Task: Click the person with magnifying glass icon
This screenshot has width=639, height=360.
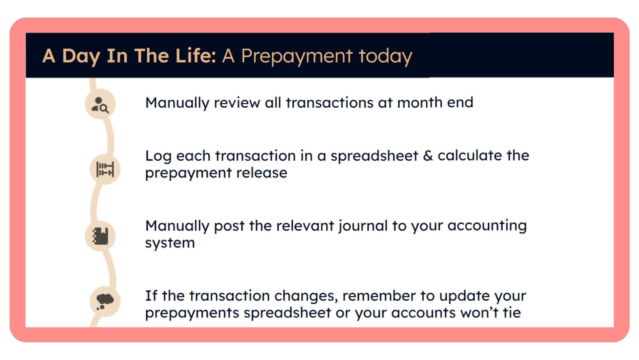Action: tap(100, 105)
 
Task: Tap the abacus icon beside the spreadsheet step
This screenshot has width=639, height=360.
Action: tap(105, 169)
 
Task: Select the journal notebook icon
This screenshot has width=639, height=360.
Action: tap(100, 236)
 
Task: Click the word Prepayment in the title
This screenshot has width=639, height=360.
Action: tap(297, 56)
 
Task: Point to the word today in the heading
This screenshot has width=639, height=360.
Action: tap(386, 56)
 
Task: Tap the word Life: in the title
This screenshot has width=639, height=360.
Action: tap(196, 55)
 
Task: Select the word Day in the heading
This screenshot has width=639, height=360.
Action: tap(81, 56)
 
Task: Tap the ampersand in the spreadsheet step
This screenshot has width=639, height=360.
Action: tap(428, 155)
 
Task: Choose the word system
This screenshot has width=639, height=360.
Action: tap(170, 243)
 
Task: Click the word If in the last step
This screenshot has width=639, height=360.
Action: tap(151, 296)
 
